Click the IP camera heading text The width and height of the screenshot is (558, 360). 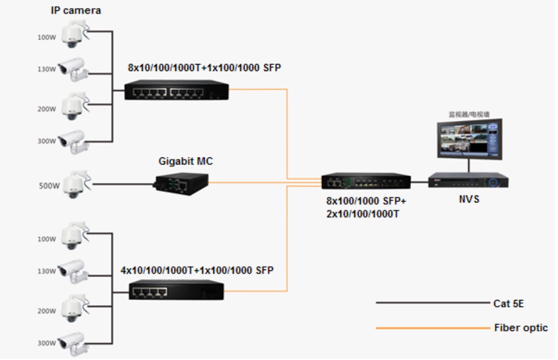coord(76,10)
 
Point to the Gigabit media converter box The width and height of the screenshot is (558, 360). coord(180,183)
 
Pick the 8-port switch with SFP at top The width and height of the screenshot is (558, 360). coord(176,90)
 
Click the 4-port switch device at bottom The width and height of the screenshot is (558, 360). coord(176,290)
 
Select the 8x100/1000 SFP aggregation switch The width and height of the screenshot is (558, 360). coord(365,181)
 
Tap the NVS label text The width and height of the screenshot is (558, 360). coord(469,199)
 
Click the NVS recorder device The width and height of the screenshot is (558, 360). coord(468,180)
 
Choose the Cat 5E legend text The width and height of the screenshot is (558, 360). coord(508,303)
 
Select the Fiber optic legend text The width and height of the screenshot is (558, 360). coord(521,328)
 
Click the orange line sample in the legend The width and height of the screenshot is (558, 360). coord(432,328)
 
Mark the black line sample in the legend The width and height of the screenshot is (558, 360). coord(432,303)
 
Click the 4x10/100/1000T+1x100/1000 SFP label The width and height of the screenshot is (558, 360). coord(197,270)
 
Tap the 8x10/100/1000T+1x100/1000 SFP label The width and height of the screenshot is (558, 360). coord(204,68)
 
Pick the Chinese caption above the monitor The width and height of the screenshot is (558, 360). coord(468,114)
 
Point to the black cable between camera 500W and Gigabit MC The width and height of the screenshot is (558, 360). coord(122,184)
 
